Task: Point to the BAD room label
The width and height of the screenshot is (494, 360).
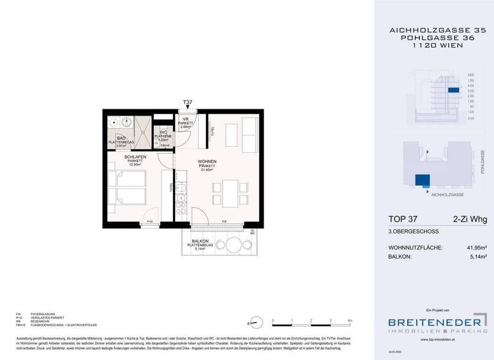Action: [120, 137]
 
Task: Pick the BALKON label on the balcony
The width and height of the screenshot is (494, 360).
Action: [203, 241]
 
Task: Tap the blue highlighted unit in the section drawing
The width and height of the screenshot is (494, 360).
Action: [453, 91]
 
